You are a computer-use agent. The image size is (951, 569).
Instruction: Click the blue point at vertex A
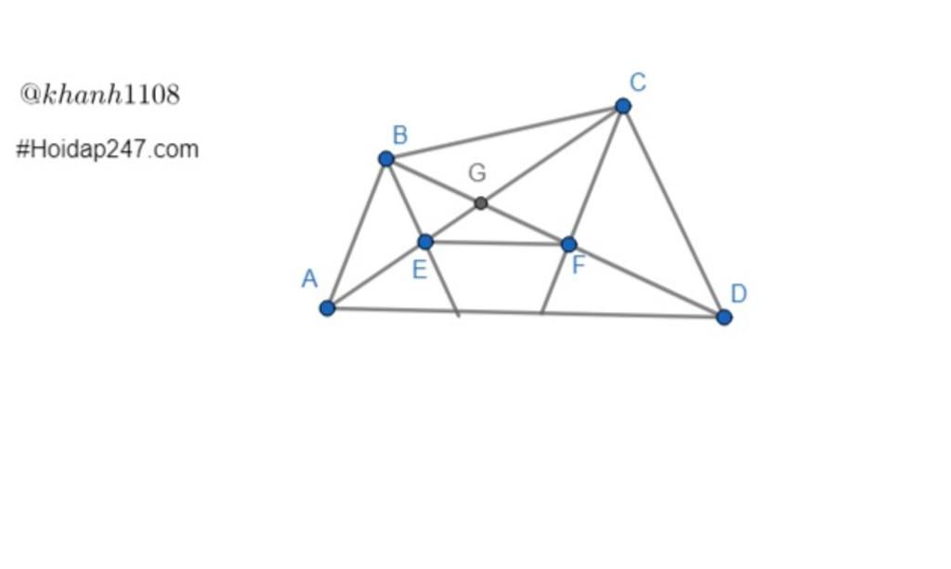[327, 308]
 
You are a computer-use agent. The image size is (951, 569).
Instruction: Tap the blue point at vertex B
[385, 159]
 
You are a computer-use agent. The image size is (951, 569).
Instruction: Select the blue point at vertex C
[623, 106]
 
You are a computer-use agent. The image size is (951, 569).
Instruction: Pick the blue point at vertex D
[723, 317]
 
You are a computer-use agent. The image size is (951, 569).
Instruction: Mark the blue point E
[425, 241]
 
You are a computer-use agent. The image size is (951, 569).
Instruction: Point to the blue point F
[569, 244]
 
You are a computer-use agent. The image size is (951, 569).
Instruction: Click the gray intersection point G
[481, 203]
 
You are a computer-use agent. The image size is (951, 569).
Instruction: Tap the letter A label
[309, 278]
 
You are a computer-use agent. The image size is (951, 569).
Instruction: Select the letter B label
[399, 135]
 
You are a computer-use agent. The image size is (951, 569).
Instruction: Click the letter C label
[637, 82]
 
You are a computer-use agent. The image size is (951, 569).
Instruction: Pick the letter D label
[738, 293]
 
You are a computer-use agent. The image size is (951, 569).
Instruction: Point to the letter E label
[419, 269]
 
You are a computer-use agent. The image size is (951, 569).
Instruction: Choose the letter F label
[579, 265]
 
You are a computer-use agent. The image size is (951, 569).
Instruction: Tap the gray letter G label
[477, 173]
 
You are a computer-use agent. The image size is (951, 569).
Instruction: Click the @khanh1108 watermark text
[100, 95]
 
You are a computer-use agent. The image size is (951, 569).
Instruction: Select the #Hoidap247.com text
[108, 149]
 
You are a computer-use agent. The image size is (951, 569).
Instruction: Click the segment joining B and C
[504, 133]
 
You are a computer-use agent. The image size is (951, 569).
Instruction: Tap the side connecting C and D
[673, 212]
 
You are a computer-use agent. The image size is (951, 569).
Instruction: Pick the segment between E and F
[498, 243]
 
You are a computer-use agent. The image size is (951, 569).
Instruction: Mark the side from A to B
[357, 233]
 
